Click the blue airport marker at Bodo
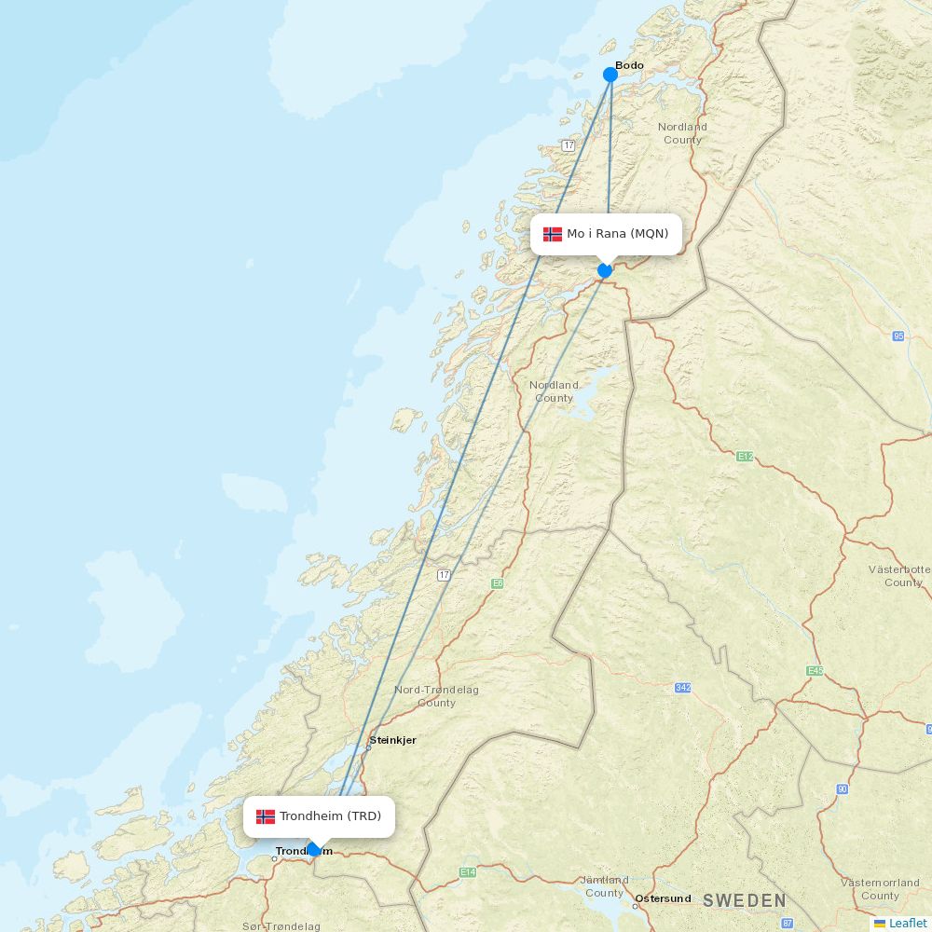click(610, 75)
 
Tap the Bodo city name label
click(629, 65)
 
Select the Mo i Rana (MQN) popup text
click(617, 233)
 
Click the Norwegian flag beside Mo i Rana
click(553, 234)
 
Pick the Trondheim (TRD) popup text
click(330, 816)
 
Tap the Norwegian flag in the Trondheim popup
click(266, 816)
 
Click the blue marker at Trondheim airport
click(314, 849)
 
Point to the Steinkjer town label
click(392, 740)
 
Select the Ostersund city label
click(663, 898)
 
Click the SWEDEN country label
click(745, 900)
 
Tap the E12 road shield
click(744, 457)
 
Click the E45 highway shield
click(815, 671)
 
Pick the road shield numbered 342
click(683, 688)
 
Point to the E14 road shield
click(467, 872)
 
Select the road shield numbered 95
click(898, 336)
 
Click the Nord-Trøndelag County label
click(436, 696)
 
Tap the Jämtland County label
click(604, 885)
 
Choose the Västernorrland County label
click(880, 888)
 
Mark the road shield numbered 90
click(843, 789)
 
